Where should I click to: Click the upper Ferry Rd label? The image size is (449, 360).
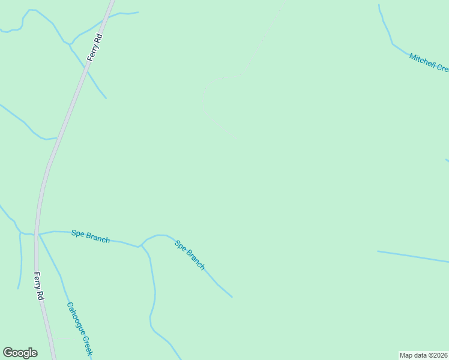coord(95,47)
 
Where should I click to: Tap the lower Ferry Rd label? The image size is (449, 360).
coord(39,286)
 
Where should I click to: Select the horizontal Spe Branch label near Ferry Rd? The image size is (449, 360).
coord(91,236)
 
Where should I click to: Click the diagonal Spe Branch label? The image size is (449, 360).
coord(190,254)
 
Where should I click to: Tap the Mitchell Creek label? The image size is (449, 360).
coord(429,62)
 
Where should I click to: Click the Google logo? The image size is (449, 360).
coord(20,352)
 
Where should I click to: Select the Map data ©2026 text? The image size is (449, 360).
coord(424,355)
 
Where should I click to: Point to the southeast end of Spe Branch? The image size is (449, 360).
coord(231,296)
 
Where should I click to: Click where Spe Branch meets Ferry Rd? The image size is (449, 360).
coord(38,233)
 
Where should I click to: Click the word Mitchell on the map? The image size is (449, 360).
coord(422,59)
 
